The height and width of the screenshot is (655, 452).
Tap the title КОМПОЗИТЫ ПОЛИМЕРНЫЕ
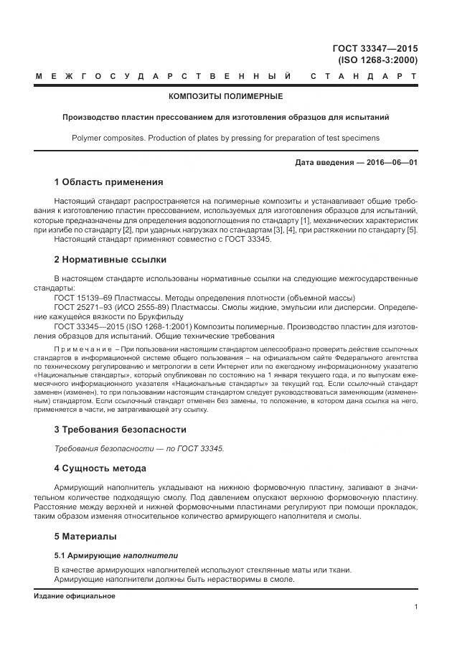(225, 96)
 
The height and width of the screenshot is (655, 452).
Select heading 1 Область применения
(108, 182)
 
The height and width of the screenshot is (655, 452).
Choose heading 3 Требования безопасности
(120, 430)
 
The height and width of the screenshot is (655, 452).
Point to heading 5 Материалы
(85, 536)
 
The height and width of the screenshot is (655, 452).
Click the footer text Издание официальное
(75, 595)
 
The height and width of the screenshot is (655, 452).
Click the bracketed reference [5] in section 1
(412, 230)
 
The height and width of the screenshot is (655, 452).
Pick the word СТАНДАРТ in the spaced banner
(364, 75)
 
